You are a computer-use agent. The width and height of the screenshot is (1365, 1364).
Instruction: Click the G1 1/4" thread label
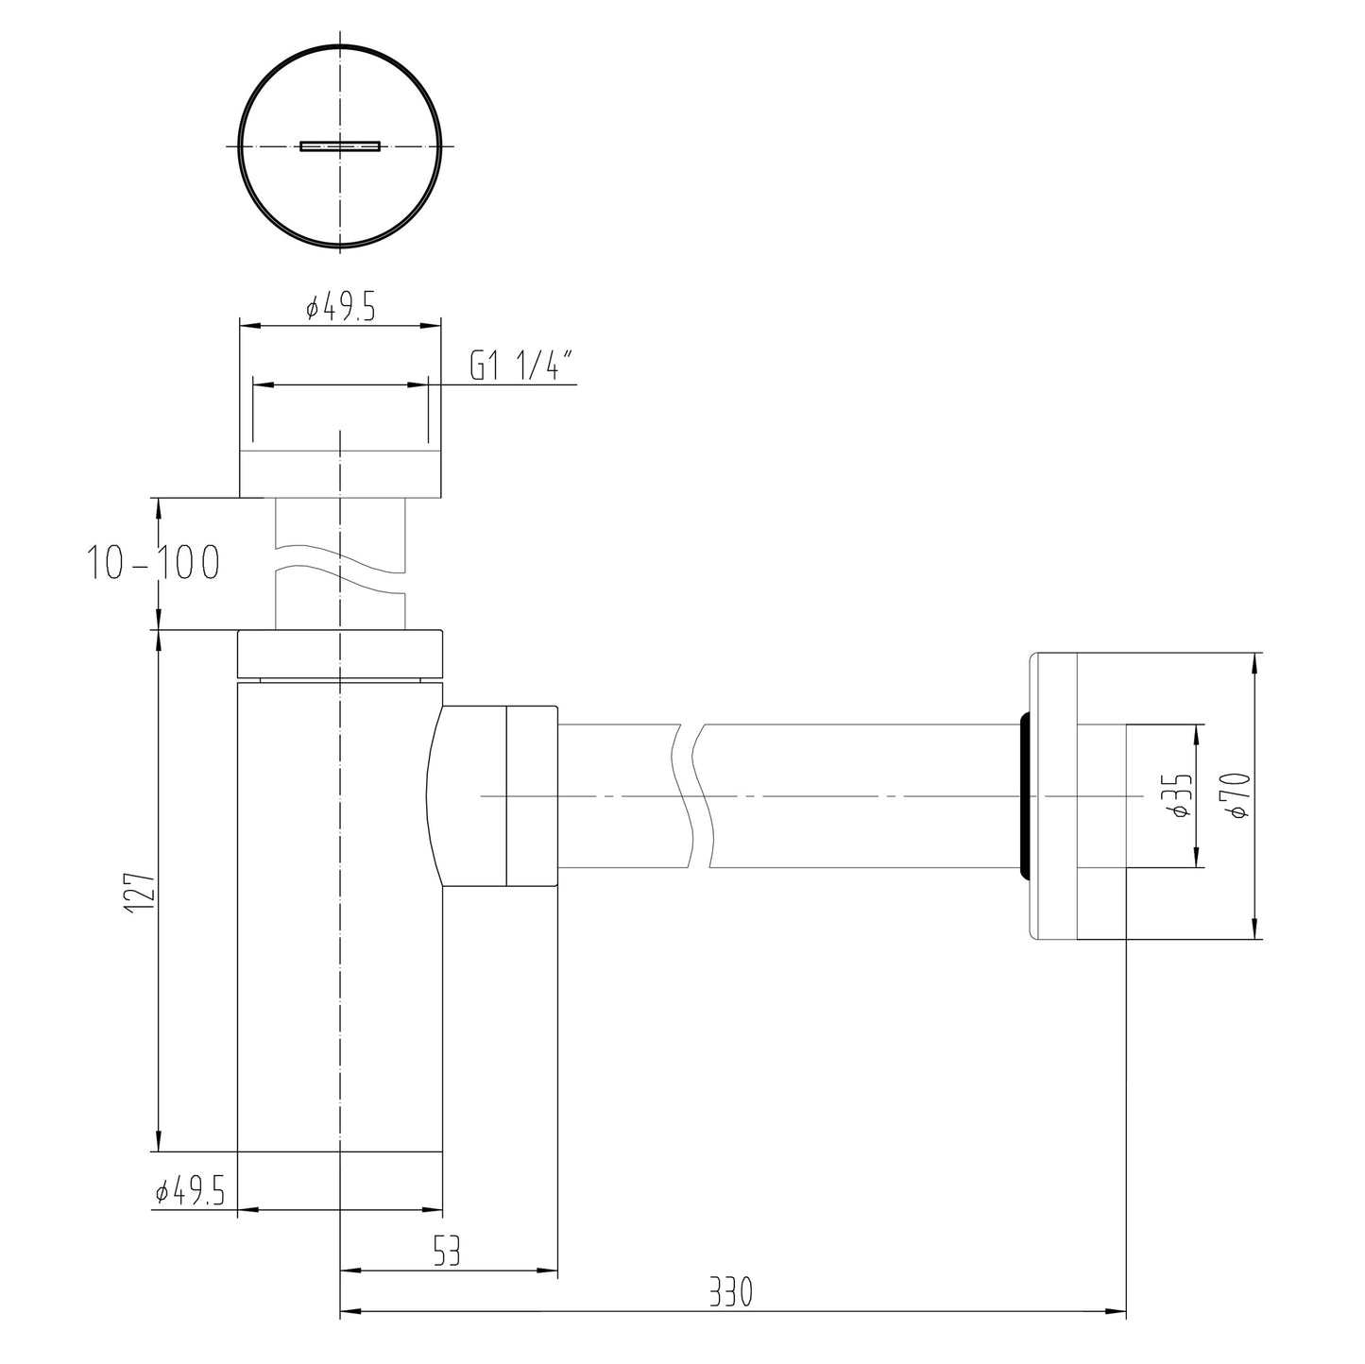click(x=522, y=366)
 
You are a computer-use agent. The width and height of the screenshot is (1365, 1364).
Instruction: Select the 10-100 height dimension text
click(x=153, y=563)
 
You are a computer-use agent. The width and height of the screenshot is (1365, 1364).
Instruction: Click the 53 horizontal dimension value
click(x=446, y=1253)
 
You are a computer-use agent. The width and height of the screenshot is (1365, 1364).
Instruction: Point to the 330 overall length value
click(x=731, y=1291)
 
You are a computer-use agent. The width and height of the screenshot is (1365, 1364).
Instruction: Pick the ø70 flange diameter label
click(x=1237, y=795)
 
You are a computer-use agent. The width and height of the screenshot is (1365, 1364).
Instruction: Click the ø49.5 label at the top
click(x=341, y=307)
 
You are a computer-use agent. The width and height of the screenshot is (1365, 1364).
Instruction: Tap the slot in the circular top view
click(x=340, y=146)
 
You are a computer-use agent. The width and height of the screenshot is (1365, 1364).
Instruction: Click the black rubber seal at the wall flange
click(x=1022, y=796)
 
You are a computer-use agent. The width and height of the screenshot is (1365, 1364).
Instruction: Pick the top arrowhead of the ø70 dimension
click(x=1254, y=662)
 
